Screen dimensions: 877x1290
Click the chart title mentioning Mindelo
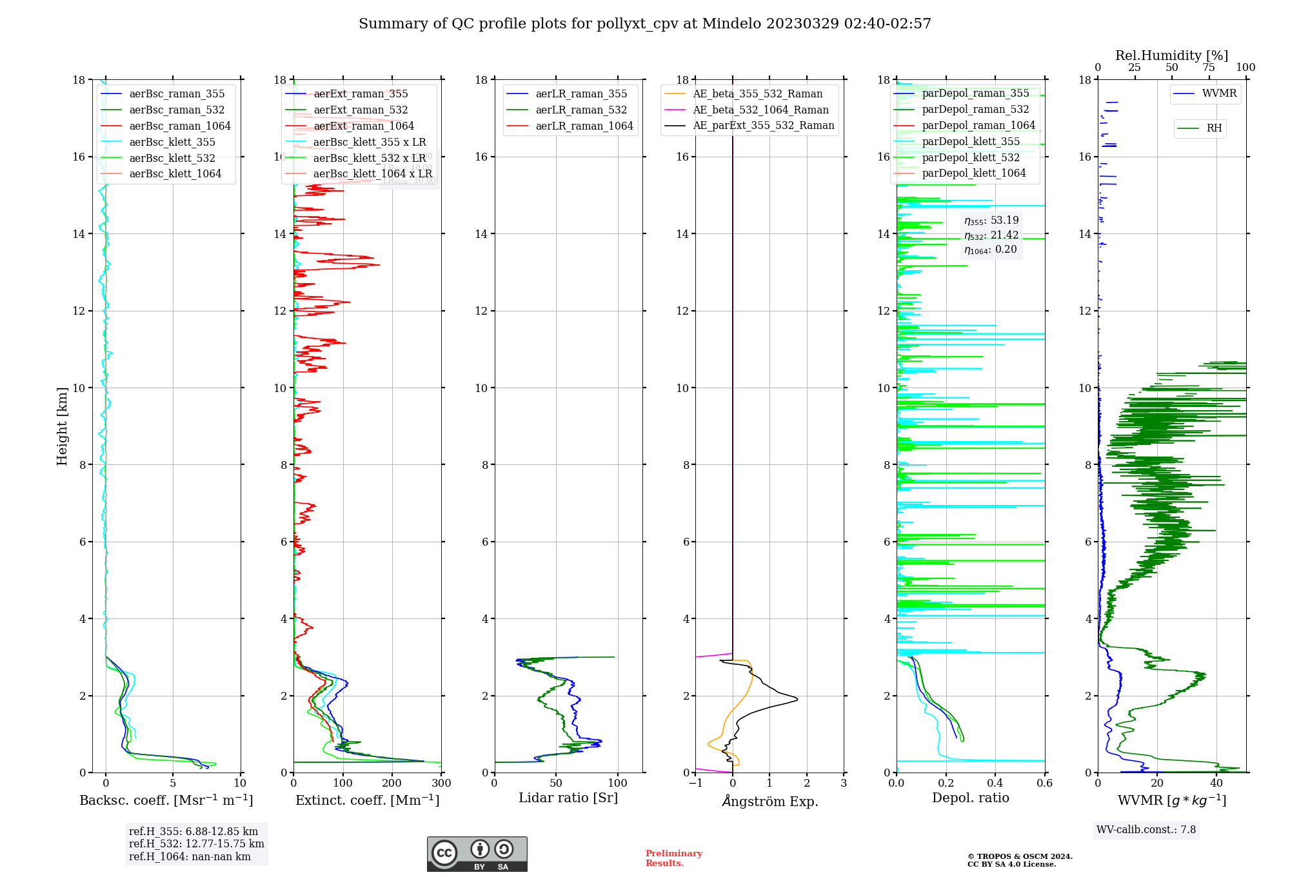point(645,24)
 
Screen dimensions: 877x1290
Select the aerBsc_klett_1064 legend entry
point(175,173)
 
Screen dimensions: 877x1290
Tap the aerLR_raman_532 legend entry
point(581,110)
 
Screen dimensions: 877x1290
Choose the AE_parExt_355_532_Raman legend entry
point(763,126)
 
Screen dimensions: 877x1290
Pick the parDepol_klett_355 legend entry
point(971,142)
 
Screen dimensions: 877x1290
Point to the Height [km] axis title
point(62,426)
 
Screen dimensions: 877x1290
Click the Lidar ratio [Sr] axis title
point(568,798)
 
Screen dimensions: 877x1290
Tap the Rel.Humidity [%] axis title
point(1171,55)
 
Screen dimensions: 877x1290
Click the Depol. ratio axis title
point(970,798)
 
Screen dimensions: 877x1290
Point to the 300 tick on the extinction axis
point(441,783)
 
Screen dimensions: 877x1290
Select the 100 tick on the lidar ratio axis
point(618,783)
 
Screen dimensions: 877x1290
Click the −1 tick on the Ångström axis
point(695,783)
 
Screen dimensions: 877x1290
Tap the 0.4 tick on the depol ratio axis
point(995,783)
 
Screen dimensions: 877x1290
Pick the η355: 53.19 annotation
point(991,221)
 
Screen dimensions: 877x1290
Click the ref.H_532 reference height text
point(196,844)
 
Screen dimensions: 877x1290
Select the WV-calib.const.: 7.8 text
point(1146,830)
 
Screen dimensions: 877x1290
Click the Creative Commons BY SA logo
point(477,854)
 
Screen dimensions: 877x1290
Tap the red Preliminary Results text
point(673,858)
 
